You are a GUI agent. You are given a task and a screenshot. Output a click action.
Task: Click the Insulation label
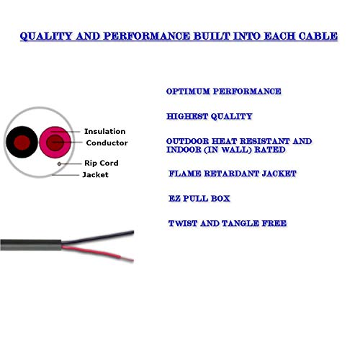104,131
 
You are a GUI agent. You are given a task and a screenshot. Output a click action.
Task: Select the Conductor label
107,143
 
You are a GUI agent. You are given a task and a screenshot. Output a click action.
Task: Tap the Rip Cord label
102,163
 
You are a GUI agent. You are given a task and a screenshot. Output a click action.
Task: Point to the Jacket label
95,174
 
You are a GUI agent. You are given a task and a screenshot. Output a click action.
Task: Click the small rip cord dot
59,164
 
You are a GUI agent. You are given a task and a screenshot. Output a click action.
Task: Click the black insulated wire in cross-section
22,142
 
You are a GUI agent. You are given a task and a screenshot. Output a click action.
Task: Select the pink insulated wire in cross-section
55,143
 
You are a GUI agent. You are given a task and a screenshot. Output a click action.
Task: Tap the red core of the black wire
22,143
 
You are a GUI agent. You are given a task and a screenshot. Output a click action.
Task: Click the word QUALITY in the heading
46,36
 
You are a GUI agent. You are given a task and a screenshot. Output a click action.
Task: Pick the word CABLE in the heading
318,36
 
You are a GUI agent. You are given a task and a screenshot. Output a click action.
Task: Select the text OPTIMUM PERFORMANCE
223,91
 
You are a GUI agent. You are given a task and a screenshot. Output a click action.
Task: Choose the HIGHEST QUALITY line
210,117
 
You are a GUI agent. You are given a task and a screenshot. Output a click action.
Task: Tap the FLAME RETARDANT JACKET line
233,174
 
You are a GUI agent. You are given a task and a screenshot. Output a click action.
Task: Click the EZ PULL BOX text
199,199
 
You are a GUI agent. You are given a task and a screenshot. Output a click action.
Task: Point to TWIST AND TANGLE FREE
228,223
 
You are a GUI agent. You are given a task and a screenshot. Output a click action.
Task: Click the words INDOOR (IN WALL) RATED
226,150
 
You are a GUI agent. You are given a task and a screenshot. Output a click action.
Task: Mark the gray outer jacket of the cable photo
31,245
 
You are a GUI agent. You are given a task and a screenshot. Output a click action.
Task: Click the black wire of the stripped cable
98,238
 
